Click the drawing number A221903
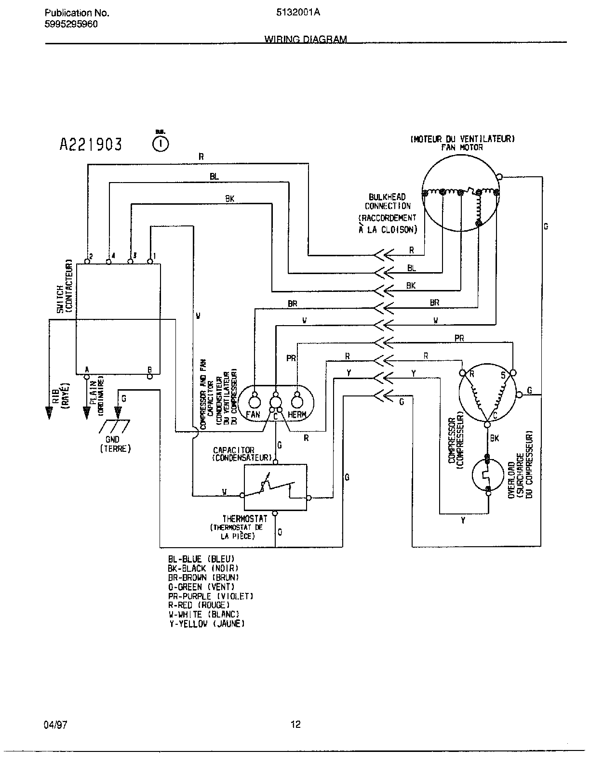[90, 144]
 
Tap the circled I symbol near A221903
[161, 143]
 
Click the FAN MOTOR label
[462, 147]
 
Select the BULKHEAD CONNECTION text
[388, 201]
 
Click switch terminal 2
[87, 261]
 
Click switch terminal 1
[150, 261]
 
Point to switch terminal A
[87, 376]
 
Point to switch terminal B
[150, 376]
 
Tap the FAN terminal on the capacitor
[254, 401]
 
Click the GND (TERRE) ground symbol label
[115, 444]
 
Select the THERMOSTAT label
[244, 519]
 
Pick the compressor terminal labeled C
[486, 423]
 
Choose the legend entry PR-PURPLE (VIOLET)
[211, 596]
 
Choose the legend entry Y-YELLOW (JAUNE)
[206, 623]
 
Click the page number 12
[295, 724]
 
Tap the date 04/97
[55, 724]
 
